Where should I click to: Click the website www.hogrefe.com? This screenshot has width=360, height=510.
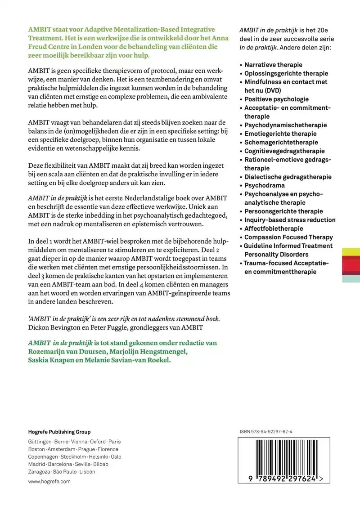(x=49, y=481)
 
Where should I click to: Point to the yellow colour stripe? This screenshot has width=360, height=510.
(x=351, y=252)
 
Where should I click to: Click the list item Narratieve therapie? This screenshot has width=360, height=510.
(x=273, y=65)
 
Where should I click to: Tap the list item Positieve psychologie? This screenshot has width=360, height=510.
(x=276, y=99)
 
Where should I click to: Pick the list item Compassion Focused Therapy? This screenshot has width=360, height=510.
(x=288, y=237)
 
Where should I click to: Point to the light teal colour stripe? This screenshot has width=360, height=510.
(x=351, y=279)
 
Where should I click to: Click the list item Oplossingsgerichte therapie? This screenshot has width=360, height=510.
(x=286, y=73)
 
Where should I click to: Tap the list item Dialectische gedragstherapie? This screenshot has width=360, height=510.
(x=288, y=177)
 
